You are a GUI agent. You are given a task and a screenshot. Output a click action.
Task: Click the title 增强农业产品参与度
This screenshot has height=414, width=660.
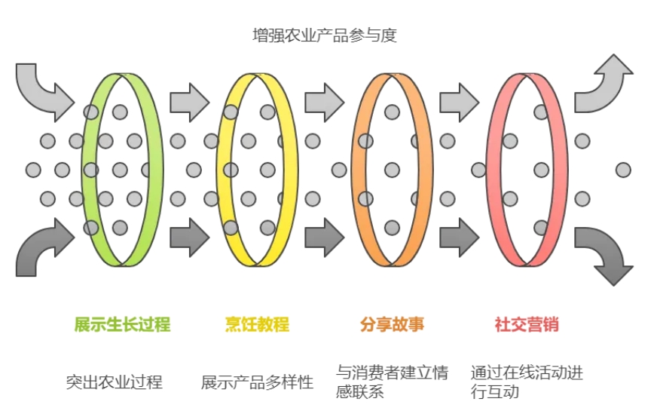(324, 35)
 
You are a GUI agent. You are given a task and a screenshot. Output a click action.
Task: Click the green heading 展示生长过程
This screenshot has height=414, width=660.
(122, 325)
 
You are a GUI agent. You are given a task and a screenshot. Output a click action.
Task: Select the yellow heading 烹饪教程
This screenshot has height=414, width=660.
(257, 325)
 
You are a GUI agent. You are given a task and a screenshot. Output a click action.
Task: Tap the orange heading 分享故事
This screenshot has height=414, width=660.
(392, 325)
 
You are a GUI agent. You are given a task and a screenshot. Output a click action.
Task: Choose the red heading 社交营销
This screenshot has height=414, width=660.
(527, 325)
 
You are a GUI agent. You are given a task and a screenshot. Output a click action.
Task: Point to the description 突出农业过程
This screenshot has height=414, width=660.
(114, 382)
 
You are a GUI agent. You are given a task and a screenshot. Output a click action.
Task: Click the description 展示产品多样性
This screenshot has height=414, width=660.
(257, 382)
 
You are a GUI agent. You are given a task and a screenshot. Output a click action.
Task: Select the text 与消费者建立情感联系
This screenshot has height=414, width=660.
(392, 382)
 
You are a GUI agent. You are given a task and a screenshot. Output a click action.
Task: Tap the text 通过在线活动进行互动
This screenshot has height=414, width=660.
(527, 382)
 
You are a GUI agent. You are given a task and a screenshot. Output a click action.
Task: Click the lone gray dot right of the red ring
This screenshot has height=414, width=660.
(623, 170)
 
